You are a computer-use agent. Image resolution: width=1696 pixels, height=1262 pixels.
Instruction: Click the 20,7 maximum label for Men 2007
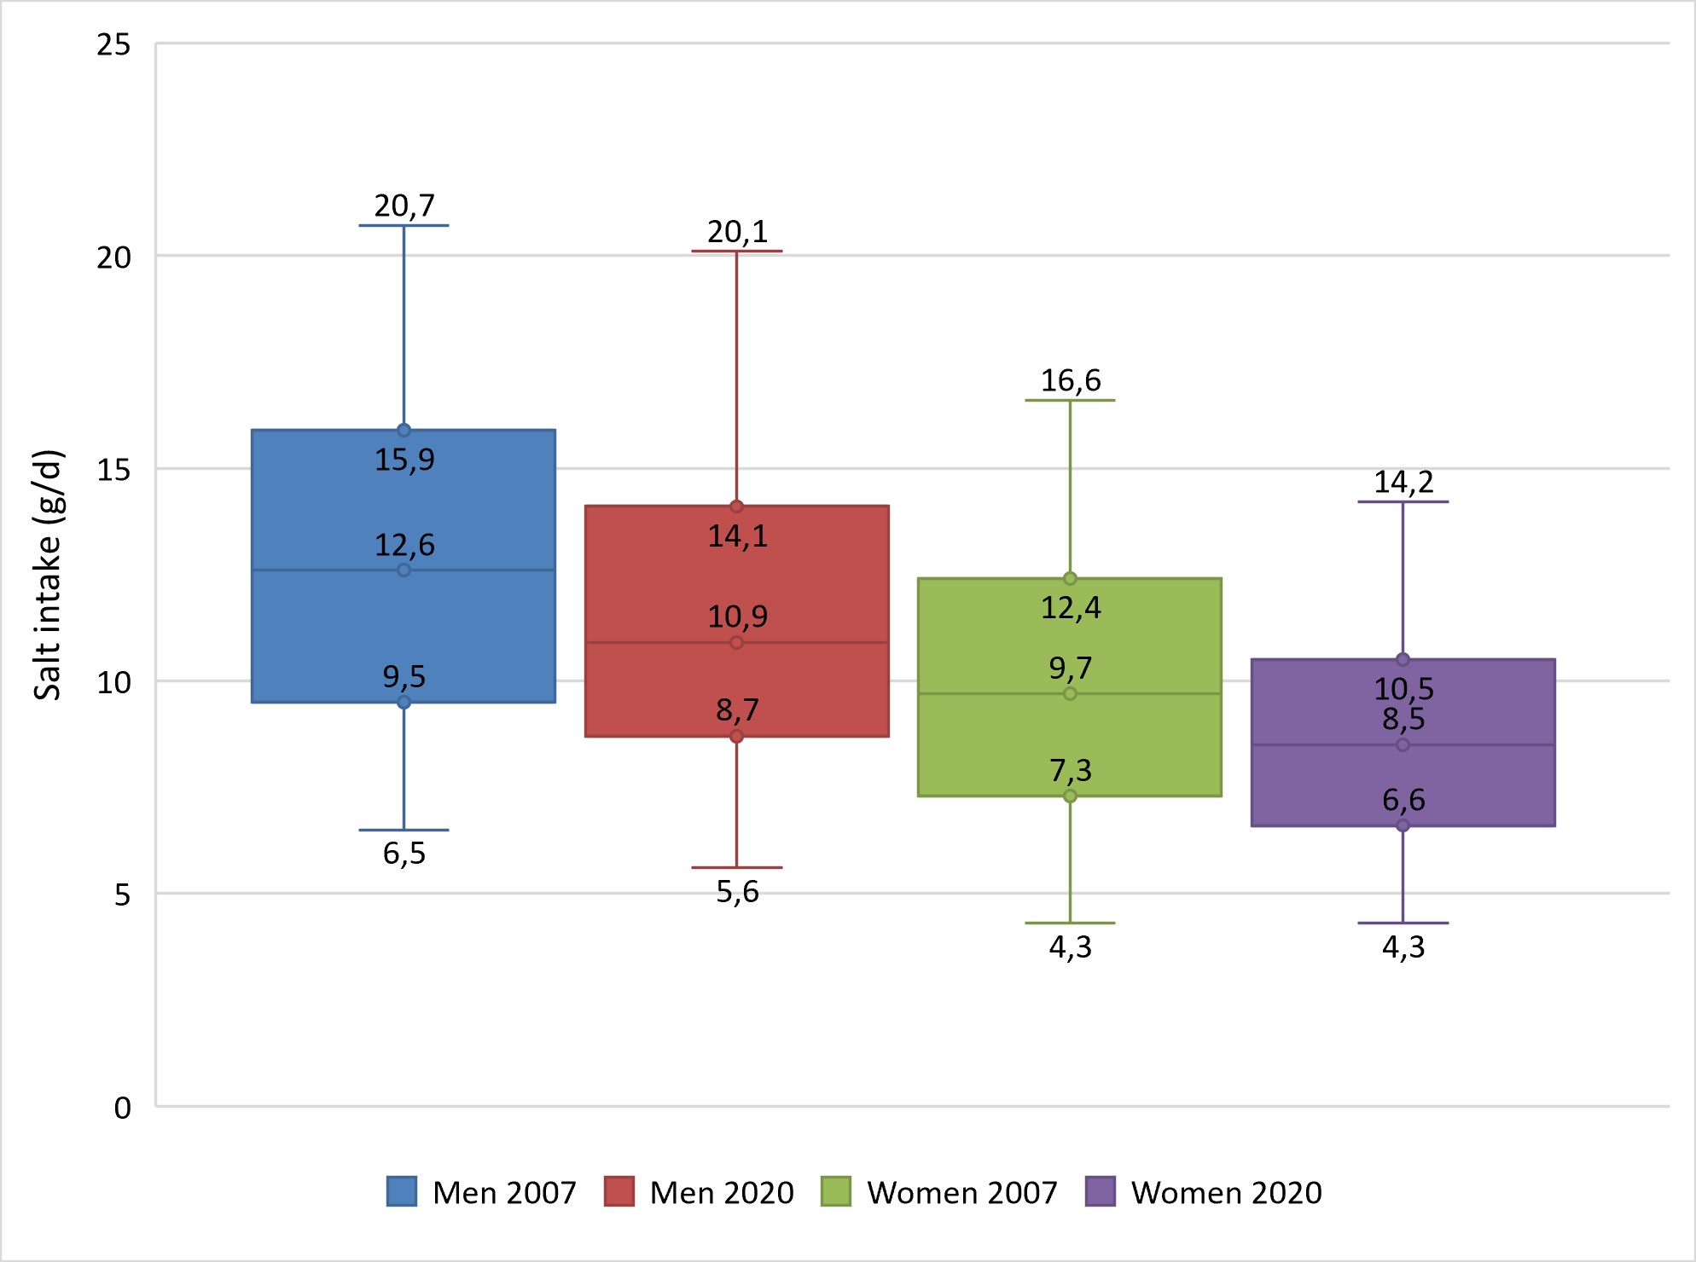point(404,206)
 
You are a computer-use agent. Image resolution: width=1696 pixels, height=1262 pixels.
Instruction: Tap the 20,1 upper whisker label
point(737,232)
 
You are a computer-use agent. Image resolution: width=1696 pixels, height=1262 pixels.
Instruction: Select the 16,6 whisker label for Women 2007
point(1071,380)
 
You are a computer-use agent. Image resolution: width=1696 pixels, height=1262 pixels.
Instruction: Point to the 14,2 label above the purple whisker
point(1403,483)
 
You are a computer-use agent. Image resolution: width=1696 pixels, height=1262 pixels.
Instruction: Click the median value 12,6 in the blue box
point(404,545)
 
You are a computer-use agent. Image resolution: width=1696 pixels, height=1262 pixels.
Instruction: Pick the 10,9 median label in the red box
point(737,617)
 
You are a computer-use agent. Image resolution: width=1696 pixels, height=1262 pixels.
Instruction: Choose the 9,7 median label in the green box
point(1071,668)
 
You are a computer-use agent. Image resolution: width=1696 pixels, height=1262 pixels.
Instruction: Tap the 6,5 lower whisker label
point(404,854)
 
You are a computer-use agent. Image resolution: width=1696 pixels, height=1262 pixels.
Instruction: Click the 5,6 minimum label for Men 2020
point(737,892)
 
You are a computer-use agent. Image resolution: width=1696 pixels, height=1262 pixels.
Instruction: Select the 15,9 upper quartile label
point(404,460)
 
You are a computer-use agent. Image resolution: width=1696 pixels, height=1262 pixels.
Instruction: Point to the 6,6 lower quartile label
point(1403,800)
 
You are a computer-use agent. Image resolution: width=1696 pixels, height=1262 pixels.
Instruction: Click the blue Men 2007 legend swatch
point(402,1191)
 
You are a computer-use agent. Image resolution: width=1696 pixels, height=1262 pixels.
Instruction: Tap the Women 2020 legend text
point(1226,1192)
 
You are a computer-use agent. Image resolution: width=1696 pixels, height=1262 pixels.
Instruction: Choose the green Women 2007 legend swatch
point(836,1191)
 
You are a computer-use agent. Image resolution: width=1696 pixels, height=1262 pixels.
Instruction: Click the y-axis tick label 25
point(113,44)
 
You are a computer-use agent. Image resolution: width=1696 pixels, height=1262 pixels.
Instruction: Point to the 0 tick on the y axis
point(123,1108)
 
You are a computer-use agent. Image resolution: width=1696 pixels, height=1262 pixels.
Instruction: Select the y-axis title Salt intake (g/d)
point(48,575)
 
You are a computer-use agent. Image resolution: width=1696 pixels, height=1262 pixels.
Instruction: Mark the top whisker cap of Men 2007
point(404,225)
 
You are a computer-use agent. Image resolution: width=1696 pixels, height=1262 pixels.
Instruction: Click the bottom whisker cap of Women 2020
point(1403,923)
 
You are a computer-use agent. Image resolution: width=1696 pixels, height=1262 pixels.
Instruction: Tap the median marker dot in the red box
point(736,642)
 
